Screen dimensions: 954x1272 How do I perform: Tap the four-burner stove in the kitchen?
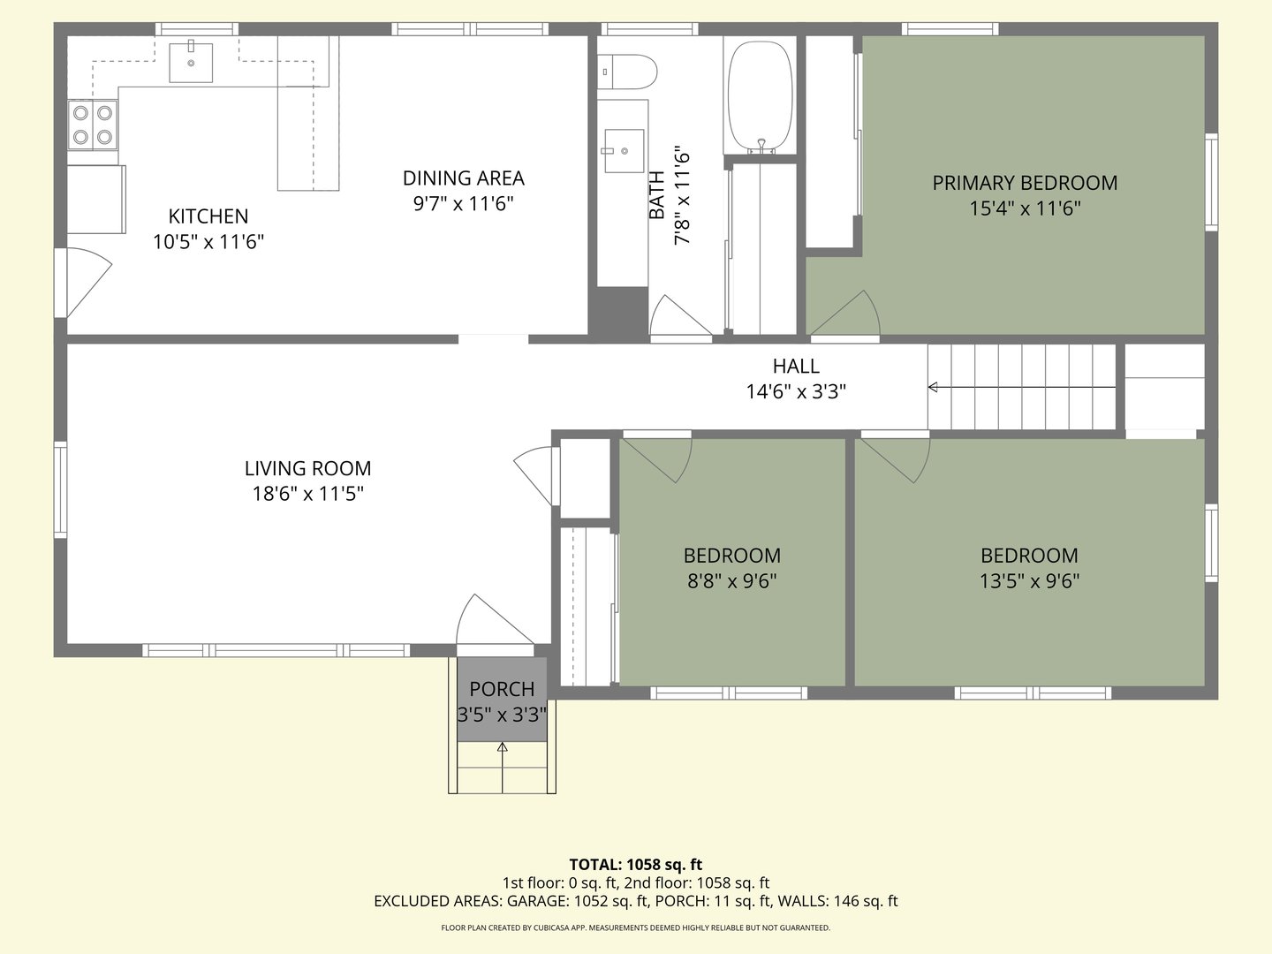[x=94, y=125]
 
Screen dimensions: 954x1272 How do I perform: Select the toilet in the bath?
[x=627, y=72]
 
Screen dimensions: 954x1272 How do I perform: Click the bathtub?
[x=760, y=95]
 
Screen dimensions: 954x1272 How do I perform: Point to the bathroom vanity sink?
[x=624, y=151]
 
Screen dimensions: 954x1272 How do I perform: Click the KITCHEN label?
[x=208, y=216]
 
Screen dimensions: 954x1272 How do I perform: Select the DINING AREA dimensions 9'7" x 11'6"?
[x=463, y=204]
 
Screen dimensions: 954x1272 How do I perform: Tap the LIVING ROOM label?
[x=307, y=468]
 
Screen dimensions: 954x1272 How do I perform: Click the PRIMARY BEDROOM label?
[x=1025, y=183]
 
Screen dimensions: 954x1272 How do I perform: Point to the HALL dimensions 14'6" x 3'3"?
[x=796, y=391]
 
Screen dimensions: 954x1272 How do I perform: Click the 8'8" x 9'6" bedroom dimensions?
[x=731, y=581]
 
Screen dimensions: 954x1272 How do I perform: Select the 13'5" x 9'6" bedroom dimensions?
[x=1029, y=581]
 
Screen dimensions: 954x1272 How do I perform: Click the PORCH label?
[x=502, y=689]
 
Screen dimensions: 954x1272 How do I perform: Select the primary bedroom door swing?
[x=848, y=316]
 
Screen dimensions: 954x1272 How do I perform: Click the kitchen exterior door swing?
[x=86, y=281]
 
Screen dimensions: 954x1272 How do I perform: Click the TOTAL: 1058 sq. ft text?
[x=635, y=865]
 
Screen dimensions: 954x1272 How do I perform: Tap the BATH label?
[x=657, y=195]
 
